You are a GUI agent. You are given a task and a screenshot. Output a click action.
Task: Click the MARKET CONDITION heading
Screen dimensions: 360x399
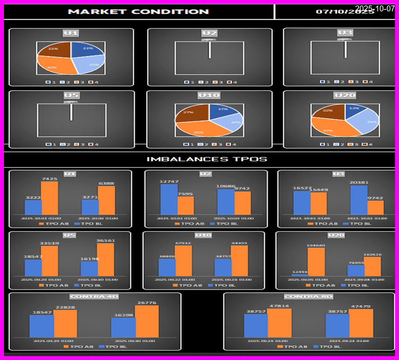(138, 11)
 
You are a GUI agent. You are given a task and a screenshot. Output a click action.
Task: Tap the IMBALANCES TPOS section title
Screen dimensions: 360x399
(207, 159)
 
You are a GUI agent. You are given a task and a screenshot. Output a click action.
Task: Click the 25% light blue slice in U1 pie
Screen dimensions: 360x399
(91, 63)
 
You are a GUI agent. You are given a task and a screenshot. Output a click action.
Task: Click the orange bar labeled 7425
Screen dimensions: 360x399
(49, 198)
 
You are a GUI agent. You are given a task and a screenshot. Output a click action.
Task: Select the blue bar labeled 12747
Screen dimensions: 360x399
(169, 199)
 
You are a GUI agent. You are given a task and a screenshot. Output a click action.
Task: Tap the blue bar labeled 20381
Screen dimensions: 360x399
(359, 200)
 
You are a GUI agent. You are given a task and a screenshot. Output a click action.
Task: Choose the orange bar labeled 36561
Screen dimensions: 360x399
(106, 259)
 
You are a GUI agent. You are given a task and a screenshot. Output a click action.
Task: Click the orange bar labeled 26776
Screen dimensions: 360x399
(147, 321)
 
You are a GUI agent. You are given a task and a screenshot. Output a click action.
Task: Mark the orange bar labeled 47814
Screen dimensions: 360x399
(279, 322)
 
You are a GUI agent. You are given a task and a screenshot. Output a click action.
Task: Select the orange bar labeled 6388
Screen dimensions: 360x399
(106, 200)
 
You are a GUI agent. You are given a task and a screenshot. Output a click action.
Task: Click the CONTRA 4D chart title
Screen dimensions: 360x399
(94, 297)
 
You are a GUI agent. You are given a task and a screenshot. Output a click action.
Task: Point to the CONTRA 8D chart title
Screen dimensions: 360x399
(308, 297)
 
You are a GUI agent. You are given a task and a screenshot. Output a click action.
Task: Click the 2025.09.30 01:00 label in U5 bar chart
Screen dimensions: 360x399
(98, 280)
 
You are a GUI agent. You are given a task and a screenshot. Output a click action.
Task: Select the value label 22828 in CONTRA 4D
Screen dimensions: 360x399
(65, 307)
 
